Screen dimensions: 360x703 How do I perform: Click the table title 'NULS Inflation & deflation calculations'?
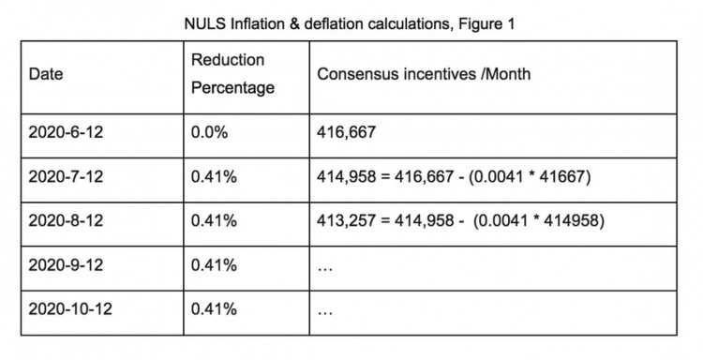tap(313, 24)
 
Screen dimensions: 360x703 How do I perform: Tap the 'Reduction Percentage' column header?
tap(232, 74)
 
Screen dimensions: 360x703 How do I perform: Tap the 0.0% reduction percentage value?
tap(208, 132)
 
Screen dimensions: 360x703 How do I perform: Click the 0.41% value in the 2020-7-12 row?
tap(213, 176)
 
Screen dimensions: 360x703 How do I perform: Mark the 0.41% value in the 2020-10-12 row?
tap(213, 308)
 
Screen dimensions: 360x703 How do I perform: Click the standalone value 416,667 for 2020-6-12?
tap(347, 132)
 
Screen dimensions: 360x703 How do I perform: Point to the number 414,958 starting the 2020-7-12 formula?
tap(347, 176)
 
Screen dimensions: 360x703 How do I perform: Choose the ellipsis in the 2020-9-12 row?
tap(325, 268)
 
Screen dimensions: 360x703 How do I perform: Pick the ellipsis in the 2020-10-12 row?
tap(325, 312)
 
